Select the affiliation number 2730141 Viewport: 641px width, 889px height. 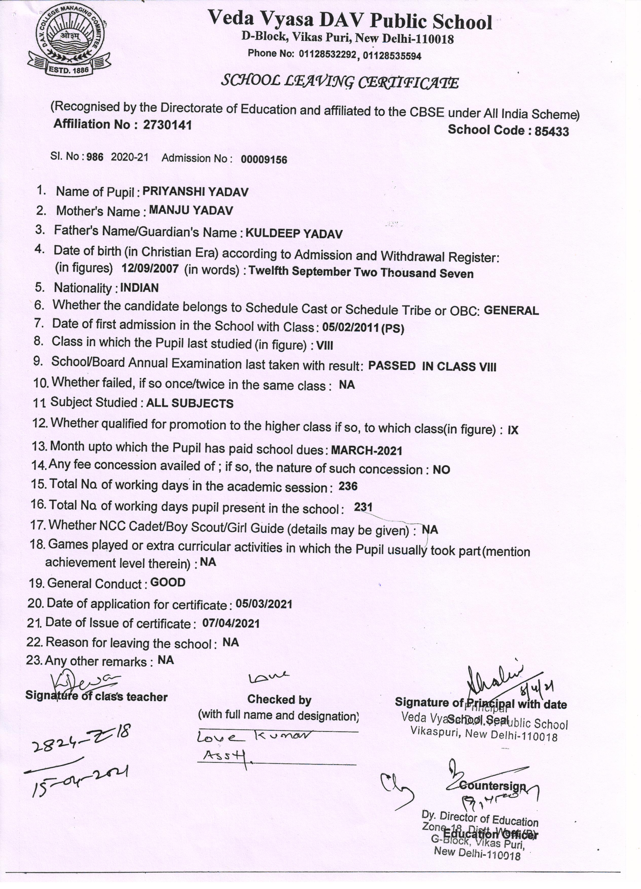[167, 125]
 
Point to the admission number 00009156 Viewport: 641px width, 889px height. [264, 159]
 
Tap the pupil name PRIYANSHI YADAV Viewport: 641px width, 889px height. [195, 192]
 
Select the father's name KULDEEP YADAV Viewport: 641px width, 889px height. [294, 234]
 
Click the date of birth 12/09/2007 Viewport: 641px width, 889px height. [150, 268]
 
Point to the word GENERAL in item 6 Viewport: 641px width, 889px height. [511, 311]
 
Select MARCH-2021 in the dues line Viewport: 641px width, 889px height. [367, 451]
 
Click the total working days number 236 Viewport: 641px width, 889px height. [348, 486]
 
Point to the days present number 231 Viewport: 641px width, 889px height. [363, 507]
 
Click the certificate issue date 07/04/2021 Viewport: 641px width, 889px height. [231, 624]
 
